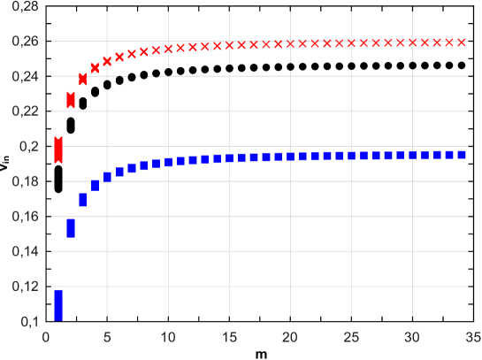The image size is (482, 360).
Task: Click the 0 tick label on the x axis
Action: (46, 337)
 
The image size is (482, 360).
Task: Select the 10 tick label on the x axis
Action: (168, 337)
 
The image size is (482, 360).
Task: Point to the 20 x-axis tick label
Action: (290, 337)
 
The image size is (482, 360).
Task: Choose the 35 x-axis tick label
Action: (473, 337)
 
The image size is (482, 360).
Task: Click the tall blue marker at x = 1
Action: (58, 305)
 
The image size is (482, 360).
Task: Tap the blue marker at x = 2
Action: (71, 228)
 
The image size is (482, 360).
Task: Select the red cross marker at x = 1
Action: (58, 150)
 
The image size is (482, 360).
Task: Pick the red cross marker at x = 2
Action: (71, 100)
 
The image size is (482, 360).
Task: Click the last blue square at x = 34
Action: (461, 154)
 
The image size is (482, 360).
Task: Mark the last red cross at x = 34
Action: (461, 42)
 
